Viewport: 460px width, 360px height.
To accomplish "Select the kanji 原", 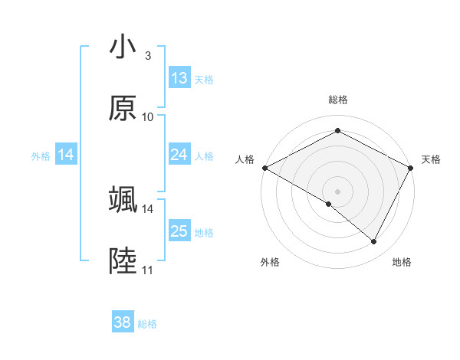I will pos(123,108).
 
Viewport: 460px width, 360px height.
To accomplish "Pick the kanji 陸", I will pos(123,261).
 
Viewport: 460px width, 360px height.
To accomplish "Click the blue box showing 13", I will pos(179,77).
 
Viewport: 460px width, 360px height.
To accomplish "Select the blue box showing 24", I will pos(179,155).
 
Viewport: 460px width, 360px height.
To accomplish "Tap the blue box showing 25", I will pos(179,231).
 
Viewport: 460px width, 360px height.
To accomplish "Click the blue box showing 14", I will pos(66,155).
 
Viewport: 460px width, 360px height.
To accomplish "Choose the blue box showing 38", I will pos(123,322).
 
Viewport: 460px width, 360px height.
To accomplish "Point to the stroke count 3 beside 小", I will pos(148,55).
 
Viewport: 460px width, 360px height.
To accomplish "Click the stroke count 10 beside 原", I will pos(148,117).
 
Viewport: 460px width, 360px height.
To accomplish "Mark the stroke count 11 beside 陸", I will pos(147,270).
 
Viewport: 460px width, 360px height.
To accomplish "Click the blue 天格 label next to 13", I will pos(204,79).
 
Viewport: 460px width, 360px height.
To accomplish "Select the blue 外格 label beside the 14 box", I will pos(41,155).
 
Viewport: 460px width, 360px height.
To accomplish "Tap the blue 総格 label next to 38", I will pos(147,324).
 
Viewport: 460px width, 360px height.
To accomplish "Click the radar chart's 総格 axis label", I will pos(337,100).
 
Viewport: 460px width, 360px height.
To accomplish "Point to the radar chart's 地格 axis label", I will pos(402,262).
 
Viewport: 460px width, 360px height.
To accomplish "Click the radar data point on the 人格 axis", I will pos(264,168).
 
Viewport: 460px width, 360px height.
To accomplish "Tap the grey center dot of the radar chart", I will pos(337,191).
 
